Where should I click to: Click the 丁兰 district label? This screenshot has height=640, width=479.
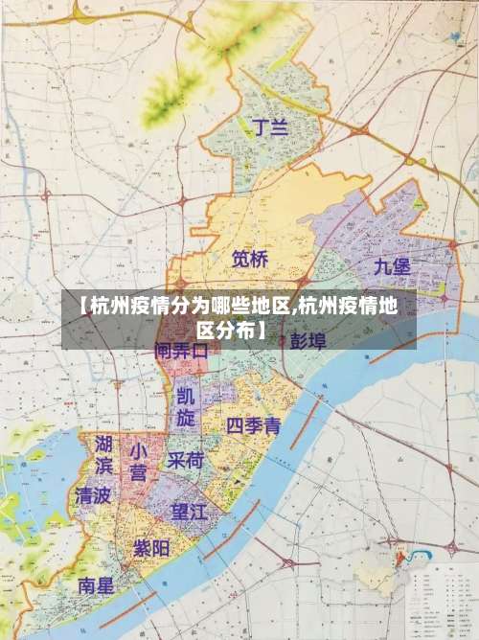pyautogui.click(x=269, y=127)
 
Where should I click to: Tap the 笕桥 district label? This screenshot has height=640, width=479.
pyautogui.click(x=250, y=259)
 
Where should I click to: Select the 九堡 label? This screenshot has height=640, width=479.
pyautogui.click(x=393, y=266)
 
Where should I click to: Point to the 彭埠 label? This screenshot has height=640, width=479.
pyautogui.click(x=308, y=339)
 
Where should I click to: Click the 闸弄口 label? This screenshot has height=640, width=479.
pyautogui.click(x=181, y=352)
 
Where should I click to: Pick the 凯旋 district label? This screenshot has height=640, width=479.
pyautogui.click(x=185, y=406)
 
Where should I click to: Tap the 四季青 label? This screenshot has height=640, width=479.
pyautogui.click(x=253, y=425)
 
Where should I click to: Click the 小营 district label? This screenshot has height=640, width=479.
pyautogui.click(x=138, y=461)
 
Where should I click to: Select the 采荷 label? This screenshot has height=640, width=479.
pyautogui.click(x=186, y=461)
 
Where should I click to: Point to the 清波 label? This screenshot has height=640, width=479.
pyautogui.click(x=93, y=496)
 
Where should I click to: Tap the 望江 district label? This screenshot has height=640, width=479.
pyautogui.click(x=189, y=512)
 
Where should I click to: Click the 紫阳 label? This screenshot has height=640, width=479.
pyautogui.click(x=151, y=549)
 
